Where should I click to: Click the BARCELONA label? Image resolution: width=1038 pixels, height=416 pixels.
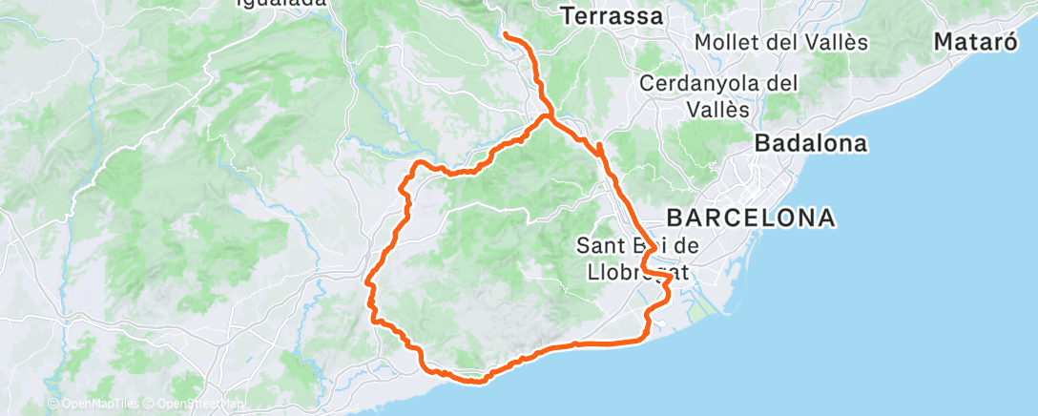point(750,218)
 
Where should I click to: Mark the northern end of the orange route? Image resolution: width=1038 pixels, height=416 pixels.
point(505,35)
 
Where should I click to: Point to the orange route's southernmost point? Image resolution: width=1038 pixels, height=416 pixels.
point(477,382)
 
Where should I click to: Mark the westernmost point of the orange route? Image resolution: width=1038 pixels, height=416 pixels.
point(367,281)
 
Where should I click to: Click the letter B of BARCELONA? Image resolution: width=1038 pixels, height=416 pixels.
point(675,218)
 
